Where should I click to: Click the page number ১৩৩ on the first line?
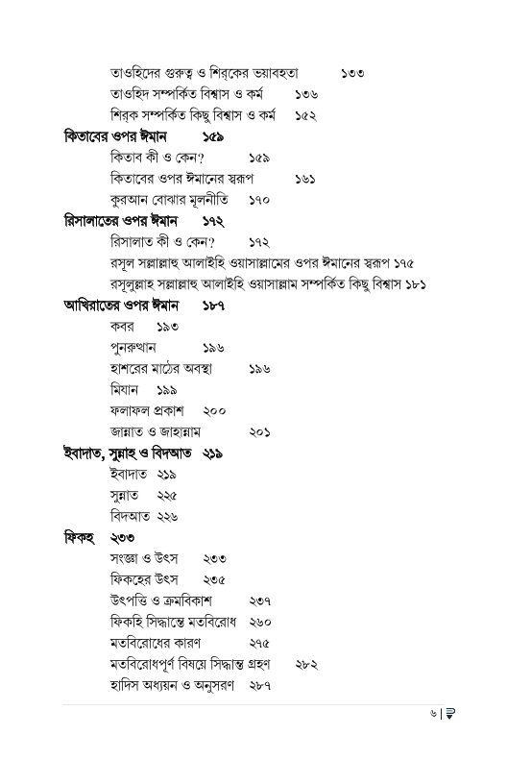click(x=351, y=73)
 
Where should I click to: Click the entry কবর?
click(x=122, y=327)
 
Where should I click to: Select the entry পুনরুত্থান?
click(x=133, y=348)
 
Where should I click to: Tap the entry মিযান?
click(x=125, y=390)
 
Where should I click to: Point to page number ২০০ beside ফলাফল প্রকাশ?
click(x=214, y=411)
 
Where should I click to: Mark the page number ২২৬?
click(x=167, y=517)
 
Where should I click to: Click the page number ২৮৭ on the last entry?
click(x=259, y=686)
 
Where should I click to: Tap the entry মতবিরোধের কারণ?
click(x=156, y=644)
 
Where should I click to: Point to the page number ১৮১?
click(x=414, y=284)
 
